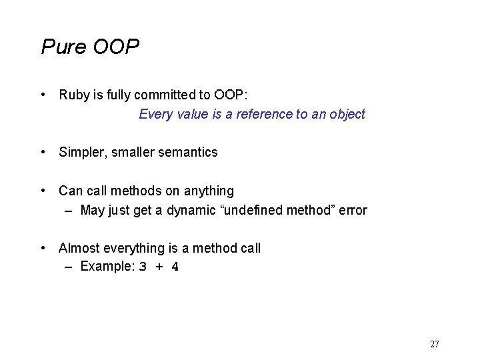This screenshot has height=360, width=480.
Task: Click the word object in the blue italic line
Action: [x=347, y=114]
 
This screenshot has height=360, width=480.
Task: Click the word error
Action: [x=353, y=211]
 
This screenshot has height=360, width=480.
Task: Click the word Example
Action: [x=107, y=267]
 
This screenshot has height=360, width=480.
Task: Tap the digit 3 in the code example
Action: [x=143, y=267]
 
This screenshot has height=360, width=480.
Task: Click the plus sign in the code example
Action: [x=159, y=267]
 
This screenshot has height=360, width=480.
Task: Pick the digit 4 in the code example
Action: [x=175, y=267]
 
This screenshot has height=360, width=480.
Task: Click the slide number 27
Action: [x=435, y=344]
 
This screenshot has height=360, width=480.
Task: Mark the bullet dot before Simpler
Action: [x=43, y=152]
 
